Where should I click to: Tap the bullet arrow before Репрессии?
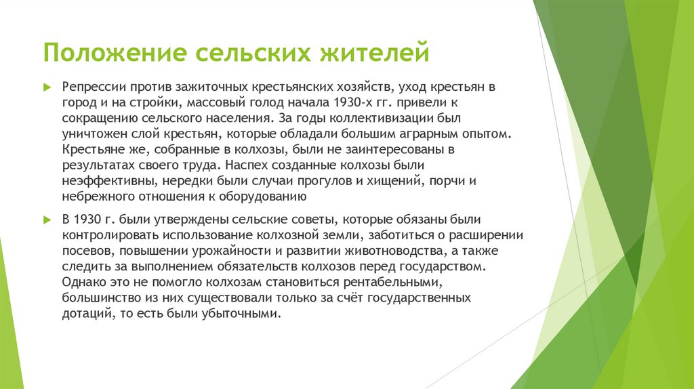click(47, 87)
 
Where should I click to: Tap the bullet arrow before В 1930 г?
click(47, 220)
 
